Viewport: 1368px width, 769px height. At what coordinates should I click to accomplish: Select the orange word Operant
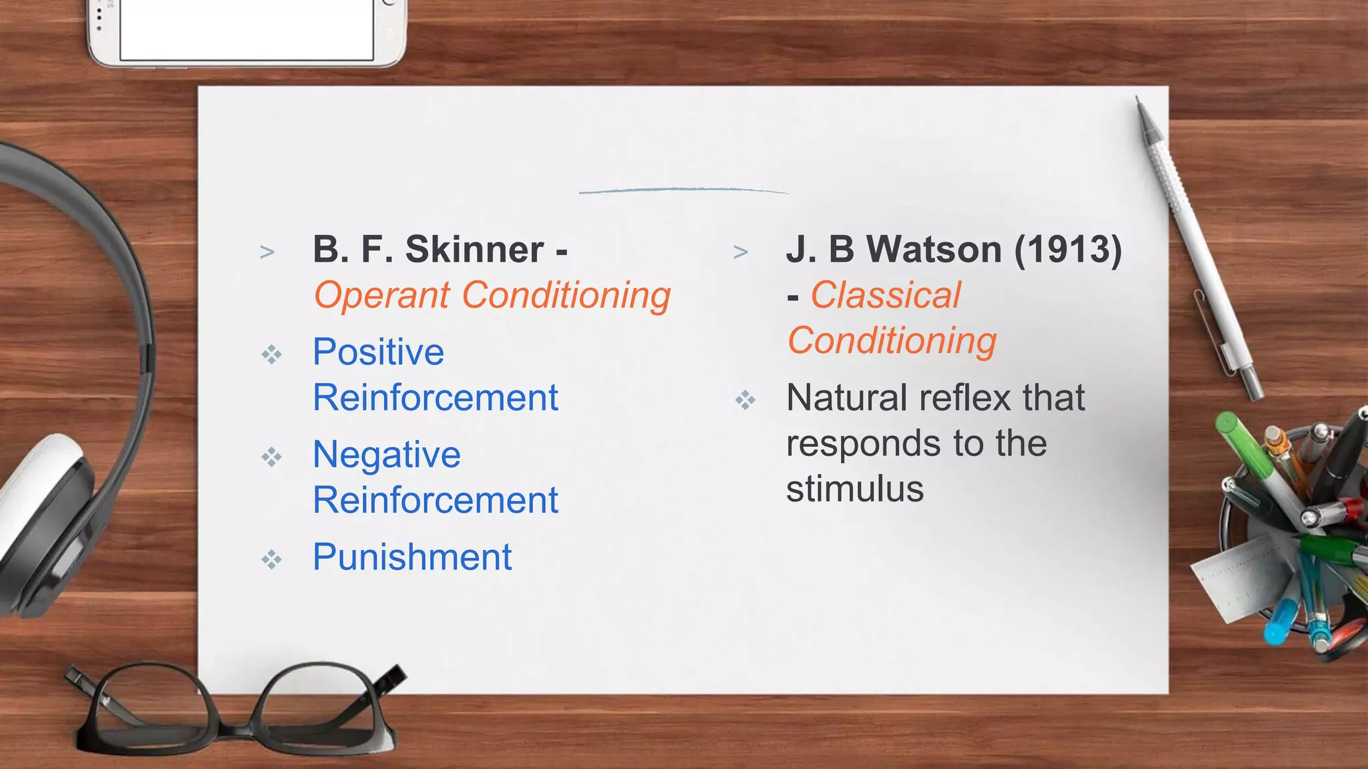(x=381, y=296)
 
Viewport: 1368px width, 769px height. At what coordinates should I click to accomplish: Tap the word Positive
(x=378, y=352)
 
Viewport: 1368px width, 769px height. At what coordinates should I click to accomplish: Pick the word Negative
(x=387, y=455)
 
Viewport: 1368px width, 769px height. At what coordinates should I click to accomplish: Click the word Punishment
(x=412, y=557)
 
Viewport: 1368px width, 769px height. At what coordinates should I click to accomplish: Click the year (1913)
(x=1067, y=250)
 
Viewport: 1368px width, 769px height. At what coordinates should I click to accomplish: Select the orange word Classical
(x=885, y=295)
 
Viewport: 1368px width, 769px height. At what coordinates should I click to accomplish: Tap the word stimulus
(x=855, y=489)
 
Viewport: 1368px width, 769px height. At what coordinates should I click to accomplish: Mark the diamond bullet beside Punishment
(x=271, y=559)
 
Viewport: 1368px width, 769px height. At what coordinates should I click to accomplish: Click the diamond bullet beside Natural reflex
(x=745, y=401)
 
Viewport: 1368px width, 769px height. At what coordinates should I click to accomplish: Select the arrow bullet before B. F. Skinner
(x=267, y=252)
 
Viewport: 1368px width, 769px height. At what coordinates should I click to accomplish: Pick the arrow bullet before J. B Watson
(x=740, y=252)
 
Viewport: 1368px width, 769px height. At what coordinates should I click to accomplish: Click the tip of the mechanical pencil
(x=1138, y=99)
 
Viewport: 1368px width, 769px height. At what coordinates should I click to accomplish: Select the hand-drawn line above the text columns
(x=683, y=190)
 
